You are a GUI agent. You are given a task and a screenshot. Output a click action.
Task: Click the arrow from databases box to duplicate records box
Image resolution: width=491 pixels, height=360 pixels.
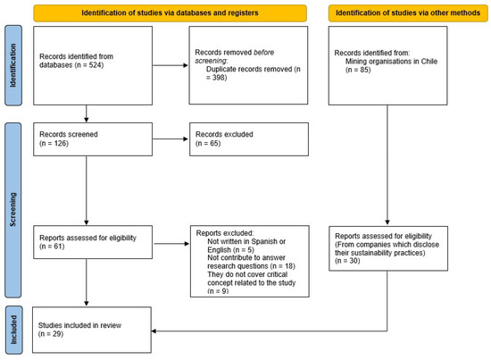(x=165, y=65)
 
